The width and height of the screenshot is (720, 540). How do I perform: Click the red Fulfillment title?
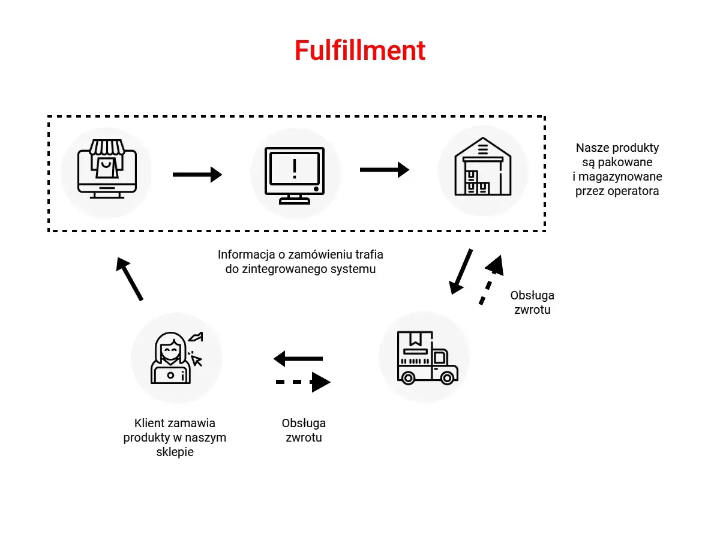360,50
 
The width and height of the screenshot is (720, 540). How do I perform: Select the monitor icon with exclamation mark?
295,175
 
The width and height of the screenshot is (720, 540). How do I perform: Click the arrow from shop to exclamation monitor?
197,175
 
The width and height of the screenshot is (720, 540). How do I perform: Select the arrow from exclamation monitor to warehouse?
384,170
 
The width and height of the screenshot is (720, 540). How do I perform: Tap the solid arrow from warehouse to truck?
461,271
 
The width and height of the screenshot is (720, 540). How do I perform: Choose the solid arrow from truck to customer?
298,359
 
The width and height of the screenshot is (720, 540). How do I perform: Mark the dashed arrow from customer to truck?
303,382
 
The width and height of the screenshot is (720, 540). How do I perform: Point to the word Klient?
150,423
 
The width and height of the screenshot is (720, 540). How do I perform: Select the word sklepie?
175,452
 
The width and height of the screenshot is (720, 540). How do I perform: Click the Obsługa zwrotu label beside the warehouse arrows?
532,302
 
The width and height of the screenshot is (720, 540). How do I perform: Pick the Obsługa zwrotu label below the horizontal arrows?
304,430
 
